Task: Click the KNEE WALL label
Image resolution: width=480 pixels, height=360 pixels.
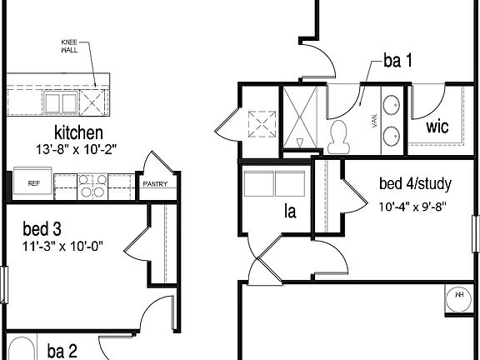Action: point(71,45)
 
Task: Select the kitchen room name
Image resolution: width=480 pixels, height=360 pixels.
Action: point(78,132)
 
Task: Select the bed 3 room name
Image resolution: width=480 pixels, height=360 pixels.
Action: point(42,229)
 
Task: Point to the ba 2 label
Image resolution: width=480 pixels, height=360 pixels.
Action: point(62,351)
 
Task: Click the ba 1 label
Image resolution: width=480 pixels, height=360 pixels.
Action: point(397,60)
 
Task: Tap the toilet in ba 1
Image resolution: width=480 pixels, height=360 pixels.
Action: point(339,137)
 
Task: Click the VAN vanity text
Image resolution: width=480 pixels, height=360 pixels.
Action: point(373,122)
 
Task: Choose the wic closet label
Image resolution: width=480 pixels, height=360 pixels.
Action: point(438,127)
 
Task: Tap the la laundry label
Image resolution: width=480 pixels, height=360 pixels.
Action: point(290,212)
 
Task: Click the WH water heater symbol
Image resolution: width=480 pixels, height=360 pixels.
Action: point(459,293)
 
